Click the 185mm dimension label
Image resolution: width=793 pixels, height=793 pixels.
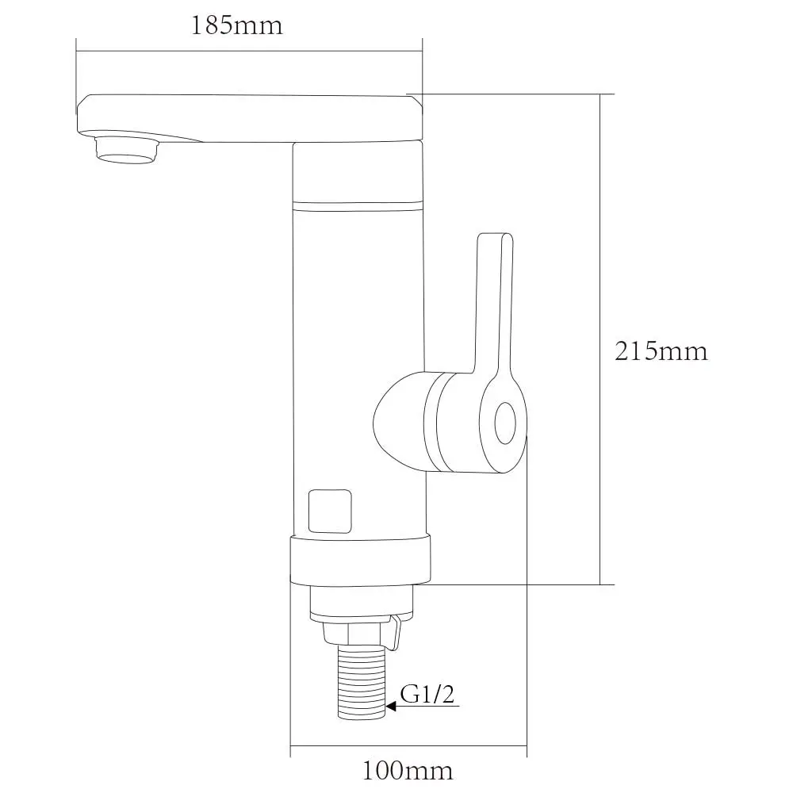point(236,26)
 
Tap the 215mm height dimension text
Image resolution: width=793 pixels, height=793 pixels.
point(661,351)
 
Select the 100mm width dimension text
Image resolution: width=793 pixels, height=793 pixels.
point(408,771)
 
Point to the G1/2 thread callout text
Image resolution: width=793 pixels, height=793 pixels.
point(427,695)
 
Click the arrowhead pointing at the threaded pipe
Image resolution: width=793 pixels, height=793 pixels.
point(391,706)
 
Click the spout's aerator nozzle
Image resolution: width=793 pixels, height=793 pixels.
point(127,150)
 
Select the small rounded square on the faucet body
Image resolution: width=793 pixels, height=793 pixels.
point(330,511)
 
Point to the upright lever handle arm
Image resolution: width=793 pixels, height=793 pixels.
point(495,304)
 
